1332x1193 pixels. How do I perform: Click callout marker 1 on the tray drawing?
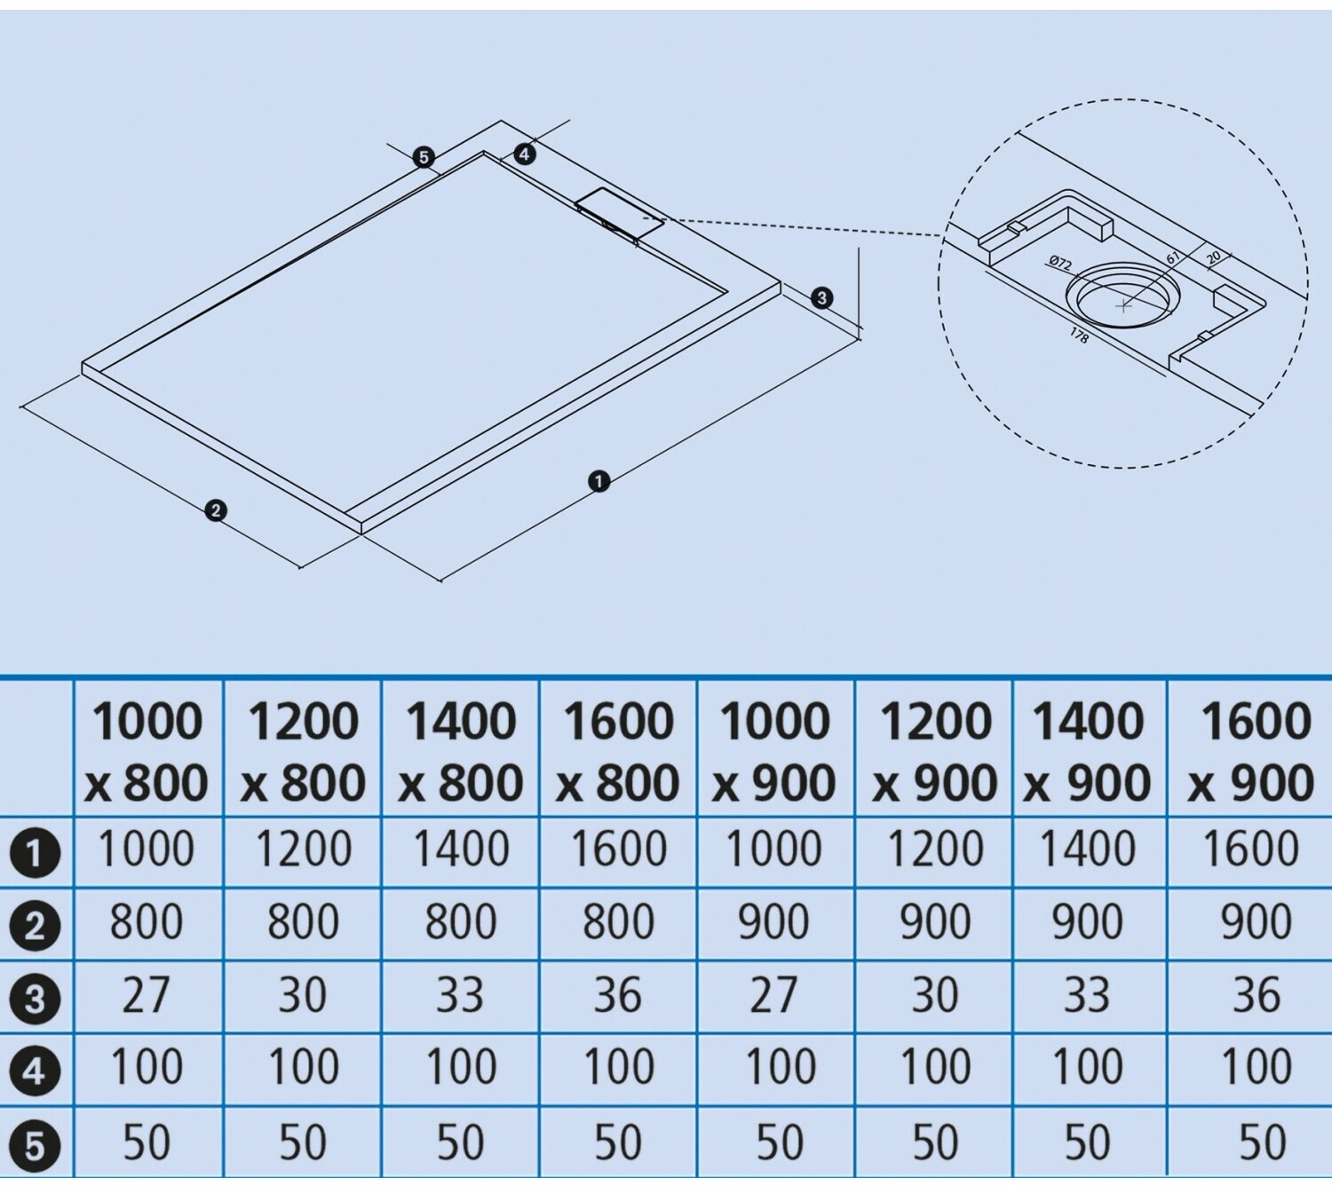click(x=599, y=481)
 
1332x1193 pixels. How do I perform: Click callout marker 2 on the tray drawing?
click(x=215, y=510)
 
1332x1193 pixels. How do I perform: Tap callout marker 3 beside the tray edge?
click(x=821, y=297)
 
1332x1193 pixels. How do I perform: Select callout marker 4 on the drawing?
click(x=525, y=154)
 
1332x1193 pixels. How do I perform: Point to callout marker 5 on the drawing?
click(x=424, y=157)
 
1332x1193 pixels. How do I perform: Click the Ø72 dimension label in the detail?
click(x=1060, y=263)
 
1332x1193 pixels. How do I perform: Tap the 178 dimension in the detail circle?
click(x=1079, y=336)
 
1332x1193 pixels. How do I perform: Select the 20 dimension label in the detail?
click(x=1214, y=257)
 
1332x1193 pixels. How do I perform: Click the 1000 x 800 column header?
click(x=147, y=751)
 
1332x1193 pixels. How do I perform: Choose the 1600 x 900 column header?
click(x=1252, y=751)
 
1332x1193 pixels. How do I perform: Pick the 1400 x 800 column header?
click(x=461, y=751)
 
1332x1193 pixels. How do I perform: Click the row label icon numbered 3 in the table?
click(x=35, y=999)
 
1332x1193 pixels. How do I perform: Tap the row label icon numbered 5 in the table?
click(x=35, y=1145)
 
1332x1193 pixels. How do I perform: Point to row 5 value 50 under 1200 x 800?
click(x=303, y=1143)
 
